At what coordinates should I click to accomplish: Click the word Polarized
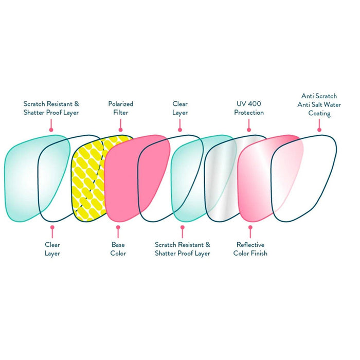coord(120,104)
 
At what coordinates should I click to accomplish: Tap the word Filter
coord(120,112)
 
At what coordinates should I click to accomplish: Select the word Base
coord(118,245)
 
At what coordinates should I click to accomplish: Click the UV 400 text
coord(249,104)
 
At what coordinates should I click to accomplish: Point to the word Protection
coord(249,112)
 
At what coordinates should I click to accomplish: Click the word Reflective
coord(250,245)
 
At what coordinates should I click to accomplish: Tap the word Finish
coord(259,253)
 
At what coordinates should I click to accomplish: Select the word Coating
coord(319,113)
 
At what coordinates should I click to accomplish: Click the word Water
coord(329,104)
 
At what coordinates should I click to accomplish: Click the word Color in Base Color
coord(118,253)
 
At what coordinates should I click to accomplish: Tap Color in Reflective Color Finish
coord(241,253)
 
